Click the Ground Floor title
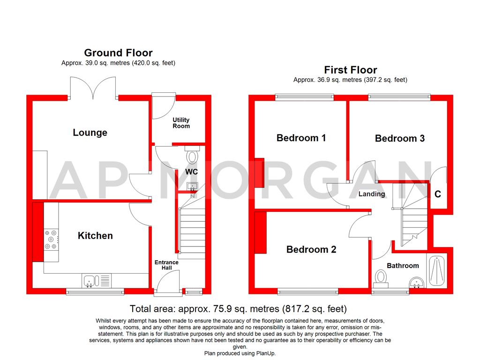click(118, 52)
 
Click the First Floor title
click(350, 70)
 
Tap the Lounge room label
click(90, 133)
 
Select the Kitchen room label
click(95, 236)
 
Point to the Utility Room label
click(181, 123)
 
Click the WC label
click(191, 172)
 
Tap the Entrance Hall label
click(166, 265)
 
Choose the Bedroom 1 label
click(301, 138)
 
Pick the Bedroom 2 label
click(311, 249)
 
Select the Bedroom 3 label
click(399, 138)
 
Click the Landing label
click(372, 194)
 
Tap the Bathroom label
click(403, 266)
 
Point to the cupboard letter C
click(437, 194)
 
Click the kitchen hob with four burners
click(51, 239)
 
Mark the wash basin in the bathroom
click(416, 282)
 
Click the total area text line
click(238, 309)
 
